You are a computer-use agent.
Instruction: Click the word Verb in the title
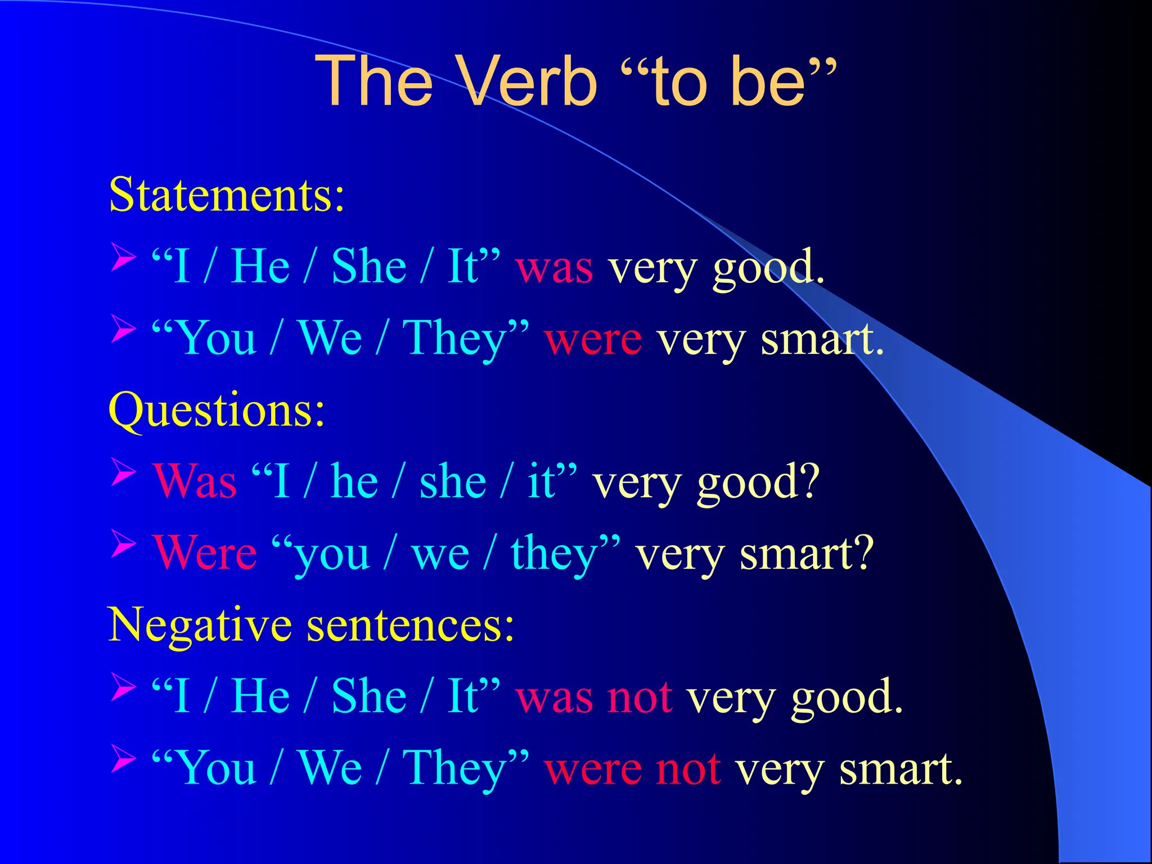(x=528, y=82)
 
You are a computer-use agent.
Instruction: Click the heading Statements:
(x=226, y=195)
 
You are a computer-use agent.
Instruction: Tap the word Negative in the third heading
(x=200, y=625)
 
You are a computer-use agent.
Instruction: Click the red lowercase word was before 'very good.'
(x=554, y=268)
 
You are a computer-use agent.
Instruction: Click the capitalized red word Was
(x=195, y=483)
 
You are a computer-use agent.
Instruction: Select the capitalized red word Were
(x=205, y=553)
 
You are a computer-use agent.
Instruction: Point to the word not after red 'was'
(x=640, y=697)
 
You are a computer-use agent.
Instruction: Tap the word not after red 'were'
(x=688, y=769)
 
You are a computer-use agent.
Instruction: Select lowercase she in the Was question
(x=452, y=483)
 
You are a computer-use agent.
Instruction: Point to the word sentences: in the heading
(x=411, y=625)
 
